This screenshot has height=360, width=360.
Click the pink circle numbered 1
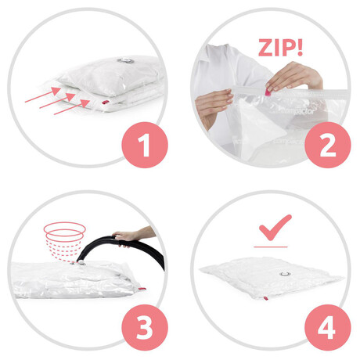click(145, 145)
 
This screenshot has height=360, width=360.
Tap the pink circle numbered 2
click(328, 145)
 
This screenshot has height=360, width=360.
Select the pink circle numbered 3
click(145, 328)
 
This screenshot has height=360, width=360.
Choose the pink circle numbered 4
click(328, 328)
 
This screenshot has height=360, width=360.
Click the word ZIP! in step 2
click(280, 48)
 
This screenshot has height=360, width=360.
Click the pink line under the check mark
click(271, 247)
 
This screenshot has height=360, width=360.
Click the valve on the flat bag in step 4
click(285, 274)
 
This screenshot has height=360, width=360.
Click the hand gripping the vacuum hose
click(127, 237)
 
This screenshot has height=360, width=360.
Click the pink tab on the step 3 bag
click(142, 289)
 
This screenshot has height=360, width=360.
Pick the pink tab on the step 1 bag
click(106, 102)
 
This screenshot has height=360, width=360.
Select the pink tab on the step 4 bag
click(266, 298)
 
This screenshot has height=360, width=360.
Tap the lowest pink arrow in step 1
click(72, 106)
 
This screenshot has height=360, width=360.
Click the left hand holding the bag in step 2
click(214, 106)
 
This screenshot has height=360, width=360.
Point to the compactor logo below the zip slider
click(297, 110)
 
